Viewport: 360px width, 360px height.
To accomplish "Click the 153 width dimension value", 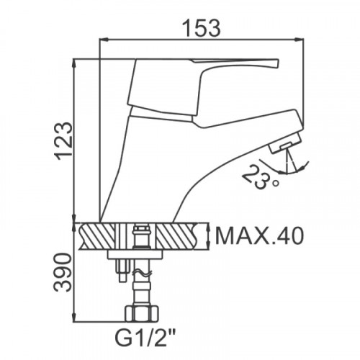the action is coord(201,28).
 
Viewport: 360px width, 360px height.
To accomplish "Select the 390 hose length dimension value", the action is coord(63,272).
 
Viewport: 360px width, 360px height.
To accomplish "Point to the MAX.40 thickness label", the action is coord(259,235).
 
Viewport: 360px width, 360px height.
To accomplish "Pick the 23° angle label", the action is coord(261,177).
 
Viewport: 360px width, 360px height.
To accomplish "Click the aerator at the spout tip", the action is coord(285,143).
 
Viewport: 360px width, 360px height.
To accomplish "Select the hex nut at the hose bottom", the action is coord(142,313).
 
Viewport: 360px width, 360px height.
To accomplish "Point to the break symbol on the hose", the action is coord(142,274).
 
